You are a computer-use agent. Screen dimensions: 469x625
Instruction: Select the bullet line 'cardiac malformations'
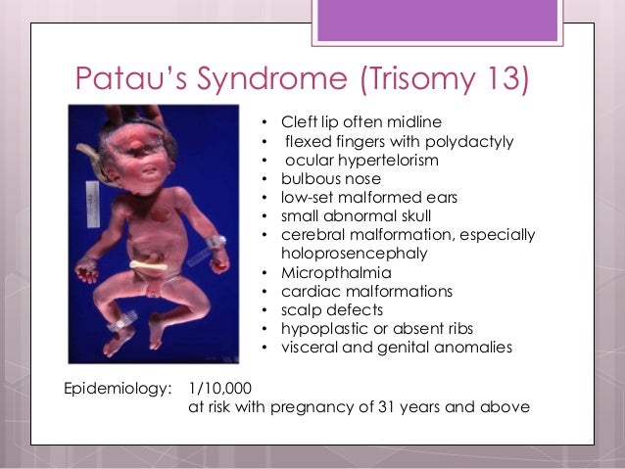(x=353, y=291)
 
